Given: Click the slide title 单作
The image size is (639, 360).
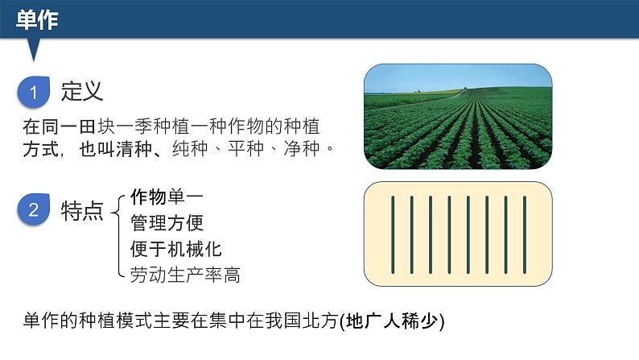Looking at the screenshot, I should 37,19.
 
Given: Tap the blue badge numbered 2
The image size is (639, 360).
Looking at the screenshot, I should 34,211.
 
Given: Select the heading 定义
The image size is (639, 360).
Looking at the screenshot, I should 82,92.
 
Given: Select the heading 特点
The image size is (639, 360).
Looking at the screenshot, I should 82,212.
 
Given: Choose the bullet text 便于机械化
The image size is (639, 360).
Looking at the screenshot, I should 175,248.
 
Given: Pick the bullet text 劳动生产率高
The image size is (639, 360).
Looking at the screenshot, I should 184,275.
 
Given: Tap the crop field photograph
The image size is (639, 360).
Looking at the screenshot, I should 458,117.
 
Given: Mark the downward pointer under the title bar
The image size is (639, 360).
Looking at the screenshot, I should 34,50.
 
